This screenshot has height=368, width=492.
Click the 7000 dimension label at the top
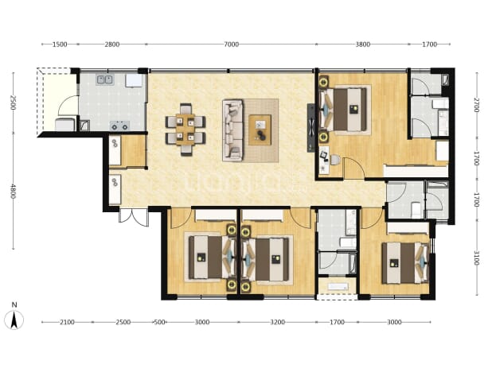coord(231,45)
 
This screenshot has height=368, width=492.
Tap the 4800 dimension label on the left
coord(13,191)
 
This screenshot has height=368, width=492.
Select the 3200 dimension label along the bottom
coord(278,322)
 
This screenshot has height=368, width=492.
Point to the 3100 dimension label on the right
coord(476,258)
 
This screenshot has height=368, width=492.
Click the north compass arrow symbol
coord(14,320)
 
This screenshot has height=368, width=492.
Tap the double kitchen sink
coord(105,79)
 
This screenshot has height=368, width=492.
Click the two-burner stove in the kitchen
coord(120,126)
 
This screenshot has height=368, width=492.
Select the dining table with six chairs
coord(185,130)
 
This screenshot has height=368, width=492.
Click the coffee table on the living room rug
coord(260,130)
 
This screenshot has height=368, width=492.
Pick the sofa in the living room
coord(232,130)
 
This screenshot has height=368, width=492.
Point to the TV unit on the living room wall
coord(310,128)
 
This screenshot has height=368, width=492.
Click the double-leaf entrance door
coord(133,216)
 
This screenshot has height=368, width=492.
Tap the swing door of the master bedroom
coord(354,168)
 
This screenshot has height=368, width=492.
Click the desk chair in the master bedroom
coord(335,160)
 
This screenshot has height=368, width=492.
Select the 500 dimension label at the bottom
coord(159,322)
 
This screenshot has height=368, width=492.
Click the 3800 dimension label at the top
coord(363,45)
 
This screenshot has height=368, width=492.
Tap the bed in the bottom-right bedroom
coord(405,263)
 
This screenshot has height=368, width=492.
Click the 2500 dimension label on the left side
coord(13,103)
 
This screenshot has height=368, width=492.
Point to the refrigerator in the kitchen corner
coord(134,80)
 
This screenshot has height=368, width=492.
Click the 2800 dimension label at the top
coord(112,45)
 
